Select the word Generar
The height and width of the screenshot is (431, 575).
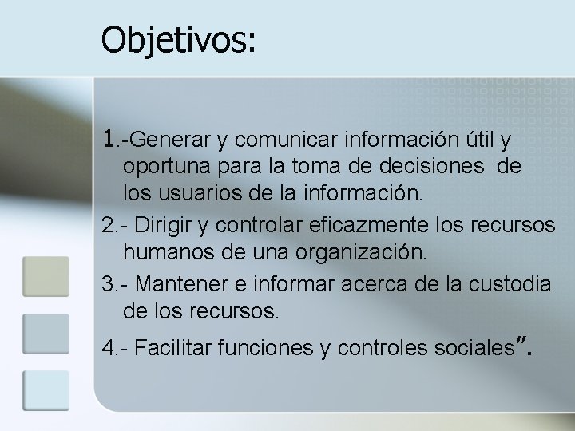pyautogui.click(x=167, y=141)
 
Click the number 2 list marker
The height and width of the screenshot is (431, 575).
pyautogui.click(x=109, y=227)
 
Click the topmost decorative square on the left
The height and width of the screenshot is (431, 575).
pyautogui.click(x=46, y=276)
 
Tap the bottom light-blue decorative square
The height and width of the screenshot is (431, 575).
pyautogui.click(x=46, y=390)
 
